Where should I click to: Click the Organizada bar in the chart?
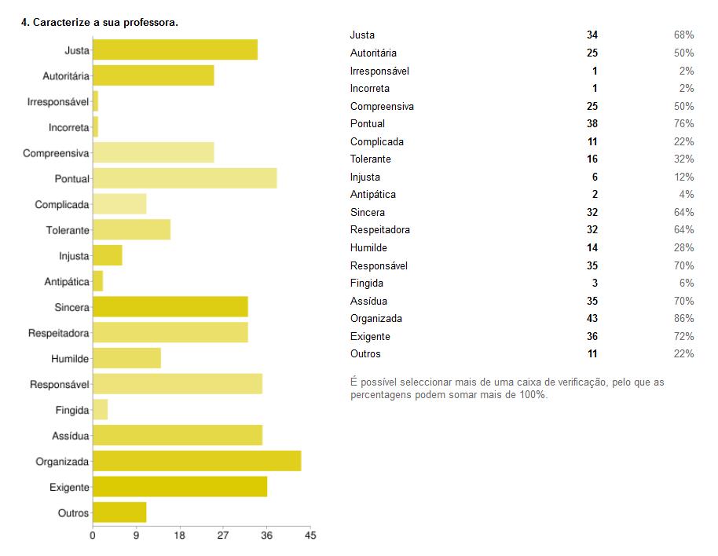point(196,461)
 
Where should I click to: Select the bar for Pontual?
point(185,178)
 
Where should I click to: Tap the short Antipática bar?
point(98,281)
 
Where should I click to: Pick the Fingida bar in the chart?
point(101,410)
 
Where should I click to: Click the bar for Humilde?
point(126,358)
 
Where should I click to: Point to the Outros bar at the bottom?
point(119,513)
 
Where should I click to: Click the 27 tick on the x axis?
point(223,536)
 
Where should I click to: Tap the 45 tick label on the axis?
point(310,536)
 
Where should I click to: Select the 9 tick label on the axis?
point(136,536)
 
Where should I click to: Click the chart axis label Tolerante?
point(68,230)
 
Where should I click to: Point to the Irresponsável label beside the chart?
point(58,101)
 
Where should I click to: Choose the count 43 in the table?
point(592,319)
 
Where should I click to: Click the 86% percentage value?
point(683,319)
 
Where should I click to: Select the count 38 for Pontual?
point(592,124)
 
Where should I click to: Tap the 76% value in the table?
point(683,124)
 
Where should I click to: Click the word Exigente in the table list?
point(370,336)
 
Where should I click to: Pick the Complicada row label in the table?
point(377,142)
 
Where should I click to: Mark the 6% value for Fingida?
point(687,283)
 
